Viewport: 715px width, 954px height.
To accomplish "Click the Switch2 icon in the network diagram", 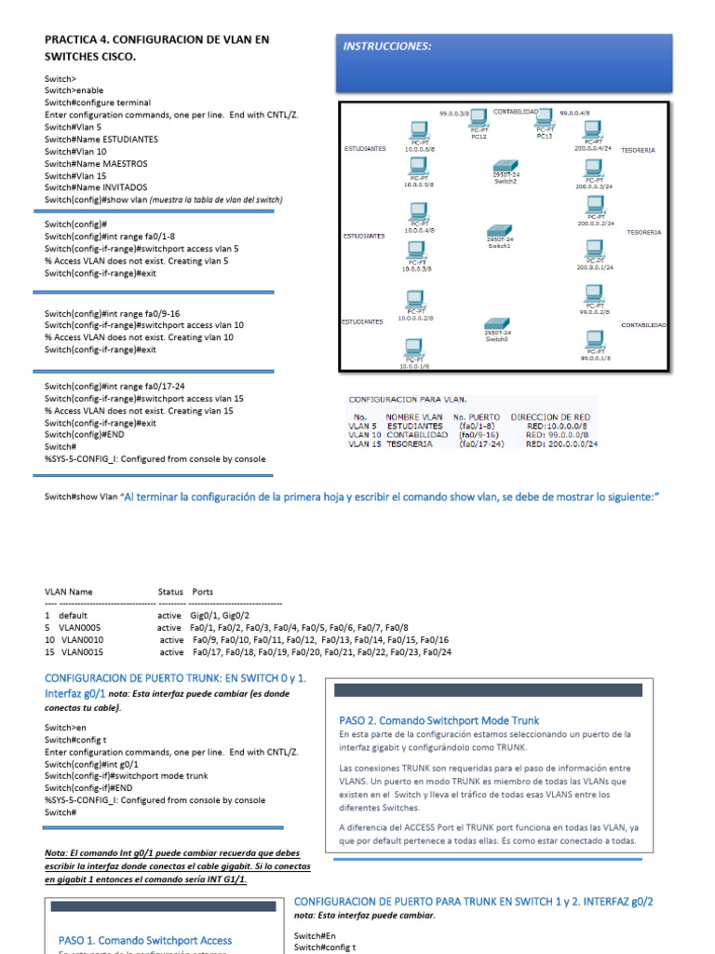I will [x=506, y=165].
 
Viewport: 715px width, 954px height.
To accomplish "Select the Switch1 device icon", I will [x=501, y=232].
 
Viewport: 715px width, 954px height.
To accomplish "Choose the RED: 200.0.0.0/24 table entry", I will [x=561, y=444].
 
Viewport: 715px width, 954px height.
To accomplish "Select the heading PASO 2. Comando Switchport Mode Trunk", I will [x=438, y=720].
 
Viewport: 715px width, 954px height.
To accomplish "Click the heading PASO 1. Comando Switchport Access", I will [x=145, y=940].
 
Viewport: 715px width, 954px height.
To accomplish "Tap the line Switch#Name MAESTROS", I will [x=96, y=163].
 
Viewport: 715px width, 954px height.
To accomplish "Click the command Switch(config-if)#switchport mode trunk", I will [x=127, y=775].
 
